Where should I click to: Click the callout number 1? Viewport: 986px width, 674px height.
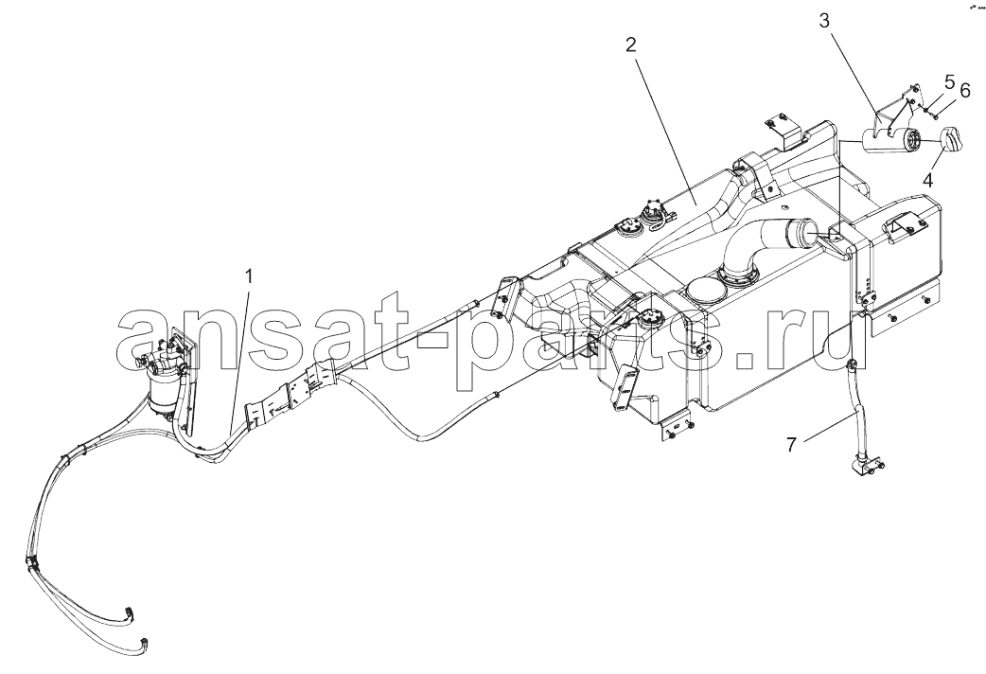point(249,277)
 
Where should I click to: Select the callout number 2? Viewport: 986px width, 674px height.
point(630,44)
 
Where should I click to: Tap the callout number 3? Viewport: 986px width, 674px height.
point(824,21)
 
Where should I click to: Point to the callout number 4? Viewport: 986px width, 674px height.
point(927,180)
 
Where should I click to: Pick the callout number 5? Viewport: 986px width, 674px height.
point(949,81)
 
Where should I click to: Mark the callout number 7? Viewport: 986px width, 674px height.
point(792,445)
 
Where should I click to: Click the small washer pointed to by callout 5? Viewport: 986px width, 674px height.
point(928,109)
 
